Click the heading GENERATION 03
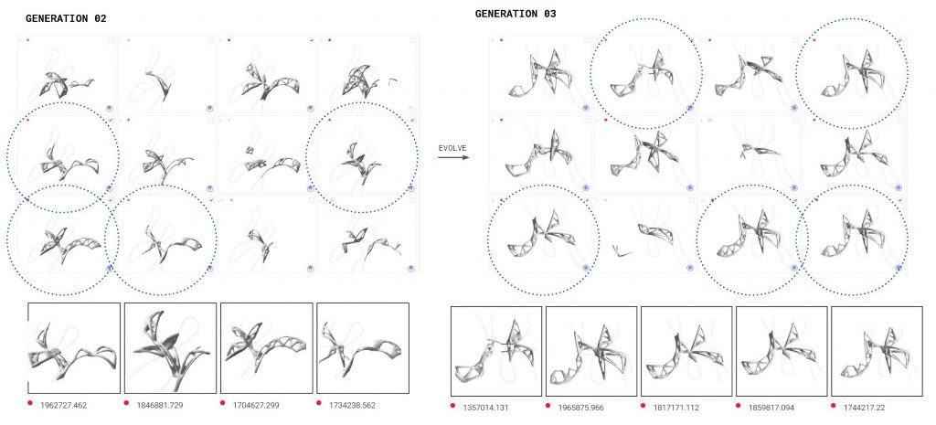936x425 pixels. pyautogui.click(x=516, y=15)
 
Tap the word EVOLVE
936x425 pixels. pyautogui.click(x=453, y=147)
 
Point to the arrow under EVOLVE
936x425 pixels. pyautogui.click(x=453, y=157)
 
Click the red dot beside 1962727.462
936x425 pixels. pyautogui.click(x=30, y=404)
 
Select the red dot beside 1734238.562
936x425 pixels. pyautogui.click(x=319, y=404)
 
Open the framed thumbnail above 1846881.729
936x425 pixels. pyautogui.click(x=169, y=348)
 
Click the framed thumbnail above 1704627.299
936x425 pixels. pyautogui.click(x=266, y=348)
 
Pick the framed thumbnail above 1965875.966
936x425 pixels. pyautogui.click(x=590, y=351)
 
